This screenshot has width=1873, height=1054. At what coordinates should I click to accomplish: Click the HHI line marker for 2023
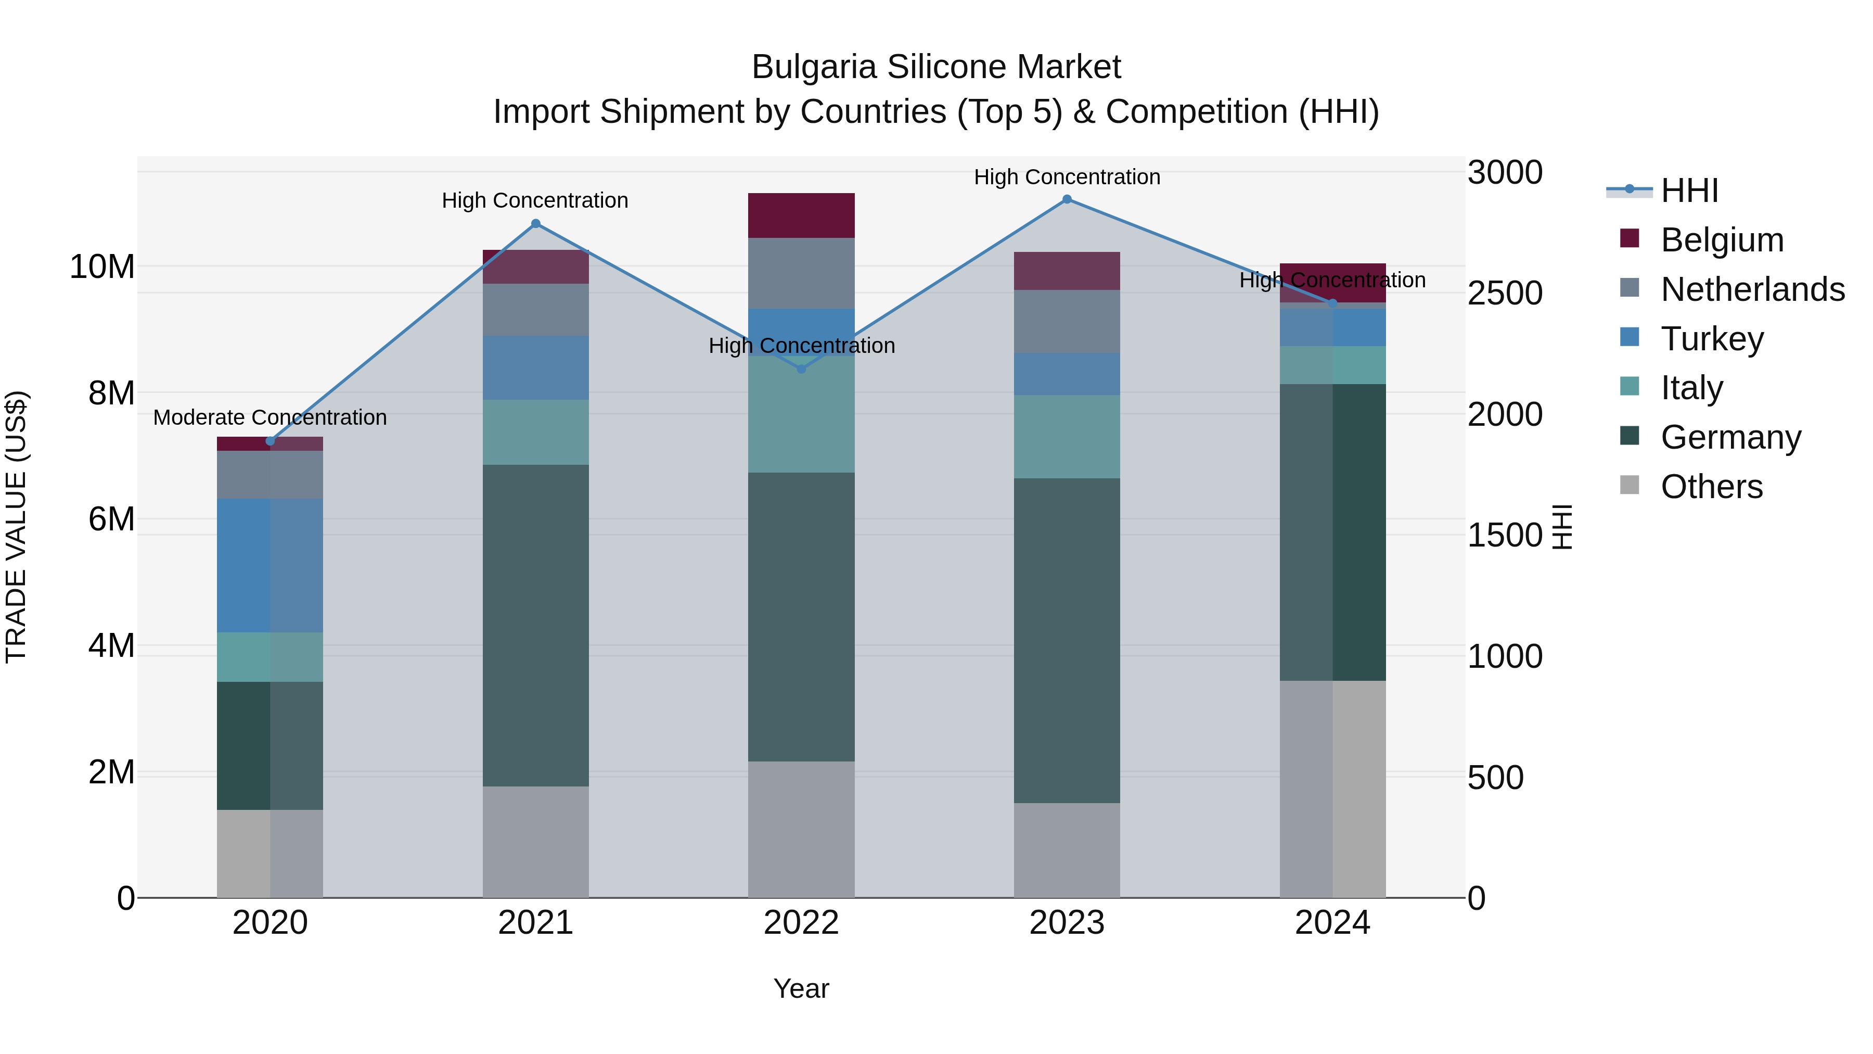pyautogui.click(x=1067, y=199)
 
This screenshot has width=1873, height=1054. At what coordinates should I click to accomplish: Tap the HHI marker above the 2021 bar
pyautogui.click(x=536, y=223)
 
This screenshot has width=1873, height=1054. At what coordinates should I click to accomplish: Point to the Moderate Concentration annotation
pyautogui.click(x=270, y=417)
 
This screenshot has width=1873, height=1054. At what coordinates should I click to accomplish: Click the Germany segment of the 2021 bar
pyautogui.click(x=536, y=626)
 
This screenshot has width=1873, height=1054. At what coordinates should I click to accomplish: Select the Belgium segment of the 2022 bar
pyautogui.click(x=801, y=215)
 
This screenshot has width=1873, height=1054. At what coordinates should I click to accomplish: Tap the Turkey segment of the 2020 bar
pyautogui.click(x=270, y=565)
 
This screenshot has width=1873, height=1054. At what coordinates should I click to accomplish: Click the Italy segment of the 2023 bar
pyautogui.click(x=1067, y=437)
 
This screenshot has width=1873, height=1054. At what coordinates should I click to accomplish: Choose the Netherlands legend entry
pyautogui.click(x=1752, y=289)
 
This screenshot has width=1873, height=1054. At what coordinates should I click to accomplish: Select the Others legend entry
pyautogui.click(x=1712, y=487)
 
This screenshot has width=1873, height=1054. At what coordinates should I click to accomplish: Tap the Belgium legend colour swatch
pyautogui.click(x=1630, y=238)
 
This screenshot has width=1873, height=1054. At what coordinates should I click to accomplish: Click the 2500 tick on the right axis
pyautogui.click(x=1504, y=293)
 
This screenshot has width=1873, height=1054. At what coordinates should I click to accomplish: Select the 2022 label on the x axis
pyautogui.click(x=801, y=923)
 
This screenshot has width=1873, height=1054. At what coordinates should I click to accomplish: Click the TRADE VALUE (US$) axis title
pyautogui.click(x=16, y=527)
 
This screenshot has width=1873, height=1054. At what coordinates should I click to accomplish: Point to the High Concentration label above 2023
pyautogui.click(x=1067, y=177)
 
